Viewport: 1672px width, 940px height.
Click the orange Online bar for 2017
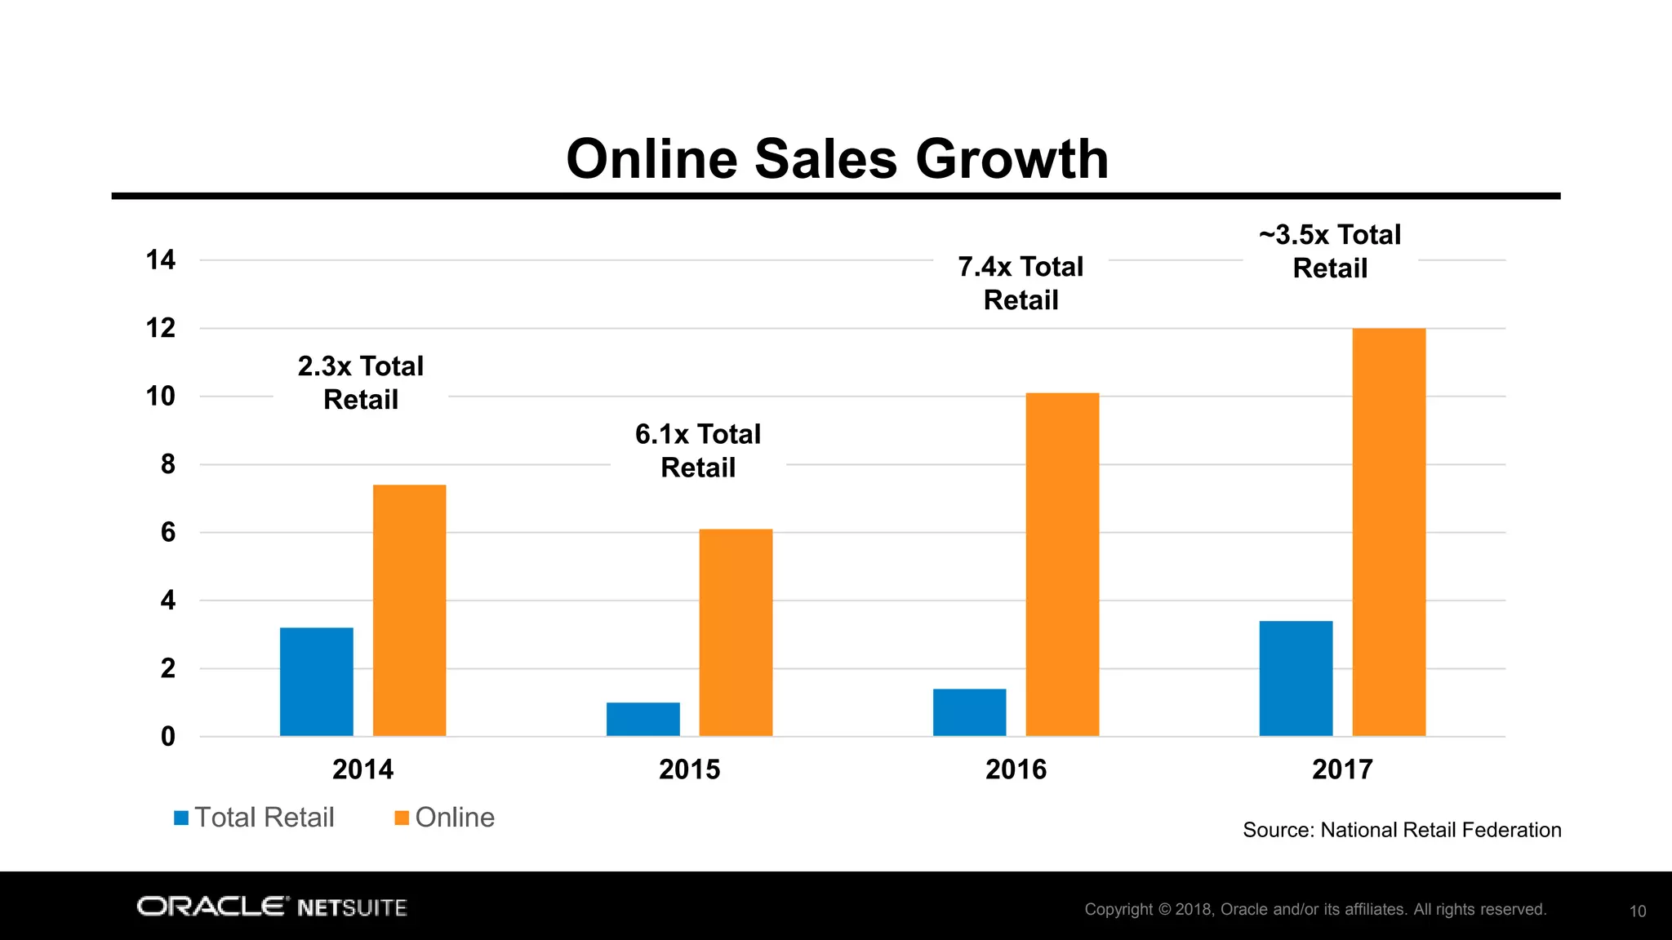pyautogui.click(x=1389, y=532)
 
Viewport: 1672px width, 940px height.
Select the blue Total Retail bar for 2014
pyautogui.click(x=316, y=681)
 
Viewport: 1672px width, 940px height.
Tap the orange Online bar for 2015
pyautogui.click(x=736, y=632)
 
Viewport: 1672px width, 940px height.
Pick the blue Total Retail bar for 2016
pyautogui.click(x=969, y=712)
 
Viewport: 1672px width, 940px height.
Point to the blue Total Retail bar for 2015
pyautogui.click(x=643, y=719)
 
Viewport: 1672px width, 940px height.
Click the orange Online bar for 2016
pyautogui.click(x=1062, y=565)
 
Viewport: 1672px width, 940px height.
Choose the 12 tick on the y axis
pyautogui.click(x=161, y=328)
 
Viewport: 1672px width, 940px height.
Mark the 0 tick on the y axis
pyautogui.click(x=167, y=737)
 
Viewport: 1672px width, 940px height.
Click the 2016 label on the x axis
pyautogui.click(x=1016, y=769)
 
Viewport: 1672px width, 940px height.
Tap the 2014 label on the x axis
pyautogui.click(x=362, y=769)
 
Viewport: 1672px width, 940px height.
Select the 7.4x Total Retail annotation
pyautogui.click(x=1021, y=283)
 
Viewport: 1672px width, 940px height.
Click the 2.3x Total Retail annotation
pyautogui.click(x=361, y=383)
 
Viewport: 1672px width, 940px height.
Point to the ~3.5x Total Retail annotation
pyautogui.click(x=1330, y=251)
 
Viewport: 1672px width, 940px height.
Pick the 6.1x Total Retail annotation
pyautogui.click(x=698, y=450)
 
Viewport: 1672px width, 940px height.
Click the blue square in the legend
pyautogui.click(x=181, y=818)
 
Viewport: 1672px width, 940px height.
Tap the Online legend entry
pyautogui.click(x=445, y=818)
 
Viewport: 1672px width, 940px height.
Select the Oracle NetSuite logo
pyautogui.click(x=272, y=907)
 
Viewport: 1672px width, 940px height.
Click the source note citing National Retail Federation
pyautogui.click(x=1401, y=830)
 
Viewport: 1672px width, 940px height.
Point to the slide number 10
pyautogui.click(x=1637, y=911)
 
